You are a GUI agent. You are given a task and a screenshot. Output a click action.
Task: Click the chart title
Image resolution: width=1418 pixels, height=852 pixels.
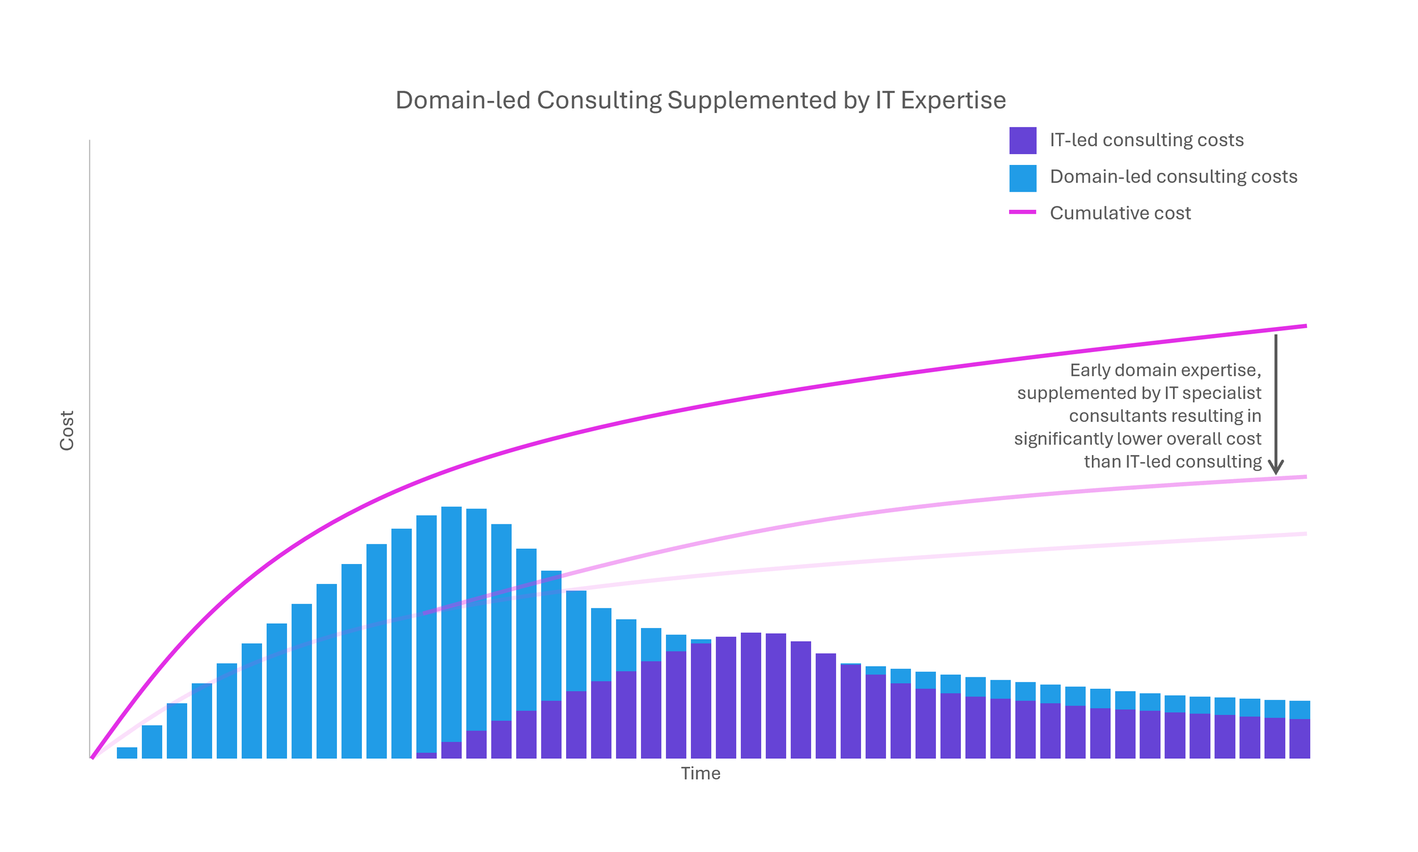tap(700, 100)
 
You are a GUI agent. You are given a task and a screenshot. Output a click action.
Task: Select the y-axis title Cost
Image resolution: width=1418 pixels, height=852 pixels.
tap(67, 430)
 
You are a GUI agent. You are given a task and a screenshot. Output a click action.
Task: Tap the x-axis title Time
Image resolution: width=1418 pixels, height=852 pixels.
tap(700, 773)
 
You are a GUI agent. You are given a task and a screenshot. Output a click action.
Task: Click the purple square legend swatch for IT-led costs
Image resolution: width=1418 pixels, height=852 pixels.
tap(1022, 141)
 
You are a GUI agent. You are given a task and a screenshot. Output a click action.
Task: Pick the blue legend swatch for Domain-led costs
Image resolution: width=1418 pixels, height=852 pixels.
tap(1022, 178)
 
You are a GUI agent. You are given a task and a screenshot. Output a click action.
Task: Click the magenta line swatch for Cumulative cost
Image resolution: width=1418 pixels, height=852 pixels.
tap(1022, 213)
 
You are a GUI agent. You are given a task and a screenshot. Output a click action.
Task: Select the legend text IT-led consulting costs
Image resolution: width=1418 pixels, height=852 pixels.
tap(1146, 140)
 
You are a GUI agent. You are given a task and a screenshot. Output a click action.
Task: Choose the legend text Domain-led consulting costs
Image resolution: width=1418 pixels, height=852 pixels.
tap(1173, 177)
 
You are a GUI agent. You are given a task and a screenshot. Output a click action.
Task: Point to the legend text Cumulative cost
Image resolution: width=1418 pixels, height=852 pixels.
tap(1119, 213)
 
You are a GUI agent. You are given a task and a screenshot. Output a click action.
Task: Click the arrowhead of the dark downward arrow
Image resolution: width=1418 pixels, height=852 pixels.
tap(1275, 467)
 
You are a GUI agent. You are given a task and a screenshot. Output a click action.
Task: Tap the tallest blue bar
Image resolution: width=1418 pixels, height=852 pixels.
tap(451, 620)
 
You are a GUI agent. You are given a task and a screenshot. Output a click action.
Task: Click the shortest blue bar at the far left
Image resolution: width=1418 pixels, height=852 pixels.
tap(127, 753)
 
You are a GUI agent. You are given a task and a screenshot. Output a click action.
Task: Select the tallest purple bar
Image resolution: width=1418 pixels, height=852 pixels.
tap(750, 694)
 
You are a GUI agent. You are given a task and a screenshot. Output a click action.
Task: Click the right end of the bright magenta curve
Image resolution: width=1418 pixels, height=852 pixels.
tap(1305, 326)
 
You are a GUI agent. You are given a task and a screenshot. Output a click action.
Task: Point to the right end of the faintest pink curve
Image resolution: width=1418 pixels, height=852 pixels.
tap(1305, 534)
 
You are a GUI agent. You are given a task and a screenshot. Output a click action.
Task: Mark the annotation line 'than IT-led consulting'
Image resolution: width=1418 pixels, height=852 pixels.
tap(1172, 461)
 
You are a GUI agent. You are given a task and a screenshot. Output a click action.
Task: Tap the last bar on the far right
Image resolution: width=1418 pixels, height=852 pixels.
tap(1299, 729)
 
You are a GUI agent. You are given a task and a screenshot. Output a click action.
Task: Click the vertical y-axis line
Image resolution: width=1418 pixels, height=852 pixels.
tap(90, 448)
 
